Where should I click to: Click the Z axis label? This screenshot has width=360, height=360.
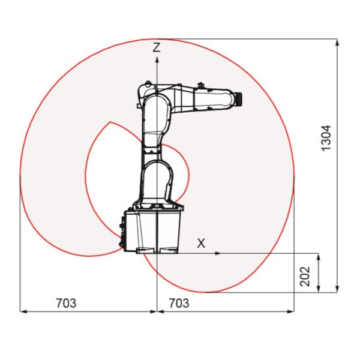(x=157, y=47)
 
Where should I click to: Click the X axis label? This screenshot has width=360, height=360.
(x=201, y=244)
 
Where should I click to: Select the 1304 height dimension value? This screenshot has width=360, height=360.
(x=326, y=138)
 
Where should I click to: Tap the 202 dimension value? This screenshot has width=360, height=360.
(x=305, y=277)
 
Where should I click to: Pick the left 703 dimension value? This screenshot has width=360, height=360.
(x=66, y=303)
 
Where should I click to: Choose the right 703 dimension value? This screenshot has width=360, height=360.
(x=179, y=303)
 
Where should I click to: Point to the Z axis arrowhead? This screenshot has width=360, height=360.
(x=157, y=60)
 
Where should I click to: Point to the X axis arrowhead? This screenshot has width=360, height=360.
(x=217, y=253)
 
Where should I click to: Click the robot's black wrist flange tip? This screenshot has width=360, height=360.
(x=239, y=98)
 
